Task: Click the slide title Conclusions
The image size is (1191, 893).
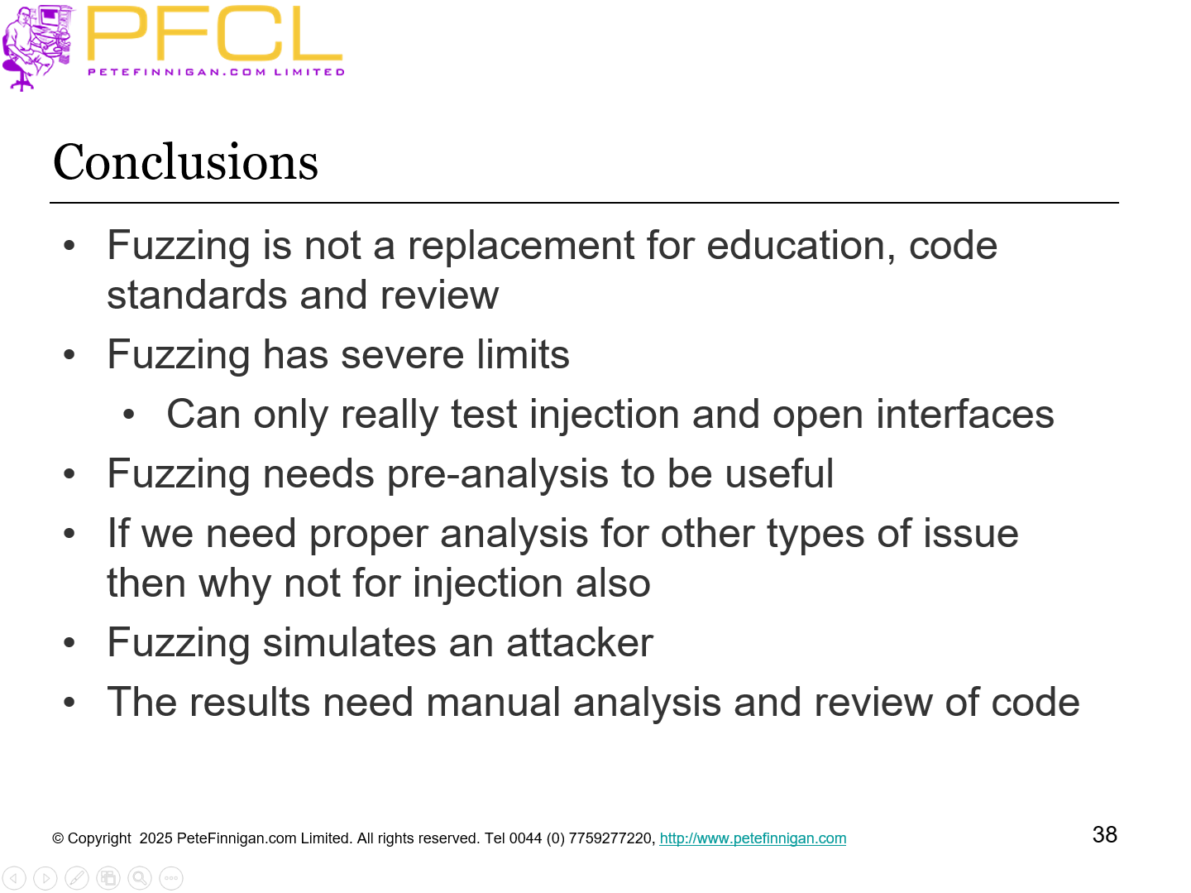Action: [185, 162]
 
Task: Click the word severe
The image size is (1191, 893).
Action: [402, 355]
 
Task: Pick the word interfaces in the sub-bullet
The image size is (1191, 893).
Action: [964, 415]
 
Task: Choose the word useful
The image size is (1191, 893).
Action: [778, 474]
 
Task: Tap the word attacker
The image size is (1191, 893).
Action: [579, 643]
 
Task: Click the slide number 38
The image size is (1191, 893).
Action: [1104, 834]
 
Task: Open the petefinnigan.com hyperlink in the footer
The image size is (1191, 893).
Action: [753, 838]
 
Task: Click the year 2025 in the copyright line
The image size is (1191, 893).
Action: [155, 838]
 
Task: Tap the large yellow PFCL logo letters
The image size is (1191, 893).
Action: [214, 34]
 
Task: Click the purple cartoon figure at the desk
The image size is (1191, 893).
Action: [36, 46]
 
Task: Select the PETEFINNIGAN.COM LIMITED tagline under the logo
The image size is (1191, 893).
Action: [216, 72]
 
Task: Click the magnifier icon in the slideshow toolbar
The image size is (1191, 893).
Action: [140, 878]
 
